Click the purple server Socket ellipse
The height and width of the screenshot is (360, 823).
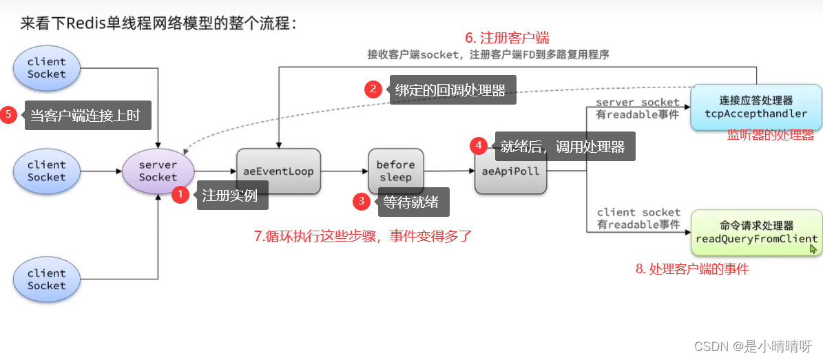[158, 171]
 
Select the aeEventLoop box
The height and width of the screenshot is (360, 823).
[278, 171]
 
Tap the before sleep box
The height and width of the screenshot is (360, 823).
[395, 171]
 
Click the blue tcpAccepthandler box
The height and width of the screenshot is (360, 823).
[756, 107]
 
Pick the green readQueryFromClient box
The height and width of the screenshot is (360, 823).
[756, 232]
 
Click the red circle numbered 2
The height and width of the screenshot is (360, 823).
[373, 89]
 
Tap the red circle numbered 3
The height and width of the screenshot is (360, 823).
[362, 202]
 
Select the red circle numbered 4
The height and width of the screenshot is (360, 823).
[479, 146]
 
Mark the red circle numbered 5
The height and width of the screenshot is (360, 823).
[9, 115]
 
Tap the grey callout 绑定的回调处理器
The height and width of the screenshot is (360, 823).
[451, 89]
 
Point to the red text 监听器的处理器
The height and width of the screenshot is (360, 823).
[771, 135]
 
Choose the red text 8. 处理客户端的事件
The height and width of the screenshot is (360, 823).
[691, 269]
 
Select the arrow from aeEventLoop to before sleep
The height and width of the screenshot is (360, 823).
[344, 171]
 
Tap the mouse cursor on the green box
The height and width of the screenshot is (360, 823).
[813, 248]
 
